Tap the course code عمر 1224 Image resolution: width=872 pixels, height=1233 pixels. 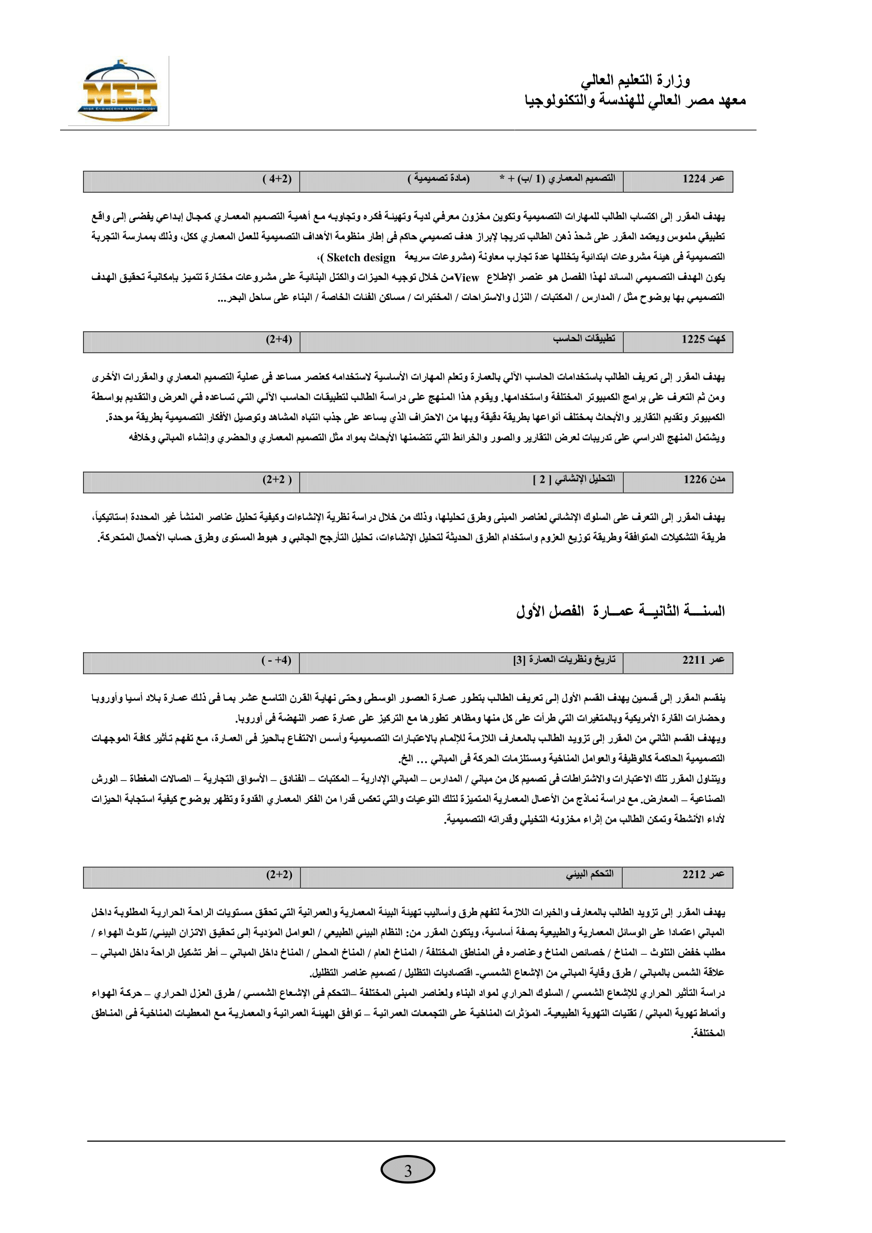[703, 179]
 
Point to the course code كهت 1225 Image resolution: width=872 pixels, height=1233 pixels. [703, 339]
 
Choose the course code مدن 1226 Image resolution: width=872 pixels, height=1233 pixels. [703, 480]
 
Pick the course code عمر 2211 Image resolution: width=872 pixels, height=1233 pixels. [703, 660]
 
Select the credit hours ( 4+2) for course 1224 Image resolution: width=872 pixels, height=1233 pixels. [277, 179]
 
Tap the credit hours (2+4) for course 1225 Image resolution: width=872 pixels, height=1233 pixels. [279, 339]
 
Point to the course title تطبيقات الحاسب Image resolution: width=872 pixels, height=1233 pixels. [584, 338]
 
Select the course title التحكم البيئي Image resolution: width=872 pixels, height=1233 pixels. [589, 873]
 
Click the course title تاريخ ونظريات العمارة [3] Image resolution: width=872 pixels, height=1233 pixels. [564, 659]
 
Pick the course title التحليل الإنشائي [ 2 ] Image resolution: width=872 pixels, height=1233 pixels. [574, 479]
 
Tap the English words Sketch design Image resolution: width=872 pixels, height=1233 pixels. [361, 258]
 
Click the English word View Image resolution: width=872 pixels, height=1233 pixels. [467, 278]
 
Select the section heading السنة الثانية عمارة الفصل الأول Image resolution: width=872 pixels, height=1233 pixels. [620, 610]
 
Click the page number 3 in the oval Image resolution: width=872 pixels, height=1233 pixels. [408, 1170]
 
